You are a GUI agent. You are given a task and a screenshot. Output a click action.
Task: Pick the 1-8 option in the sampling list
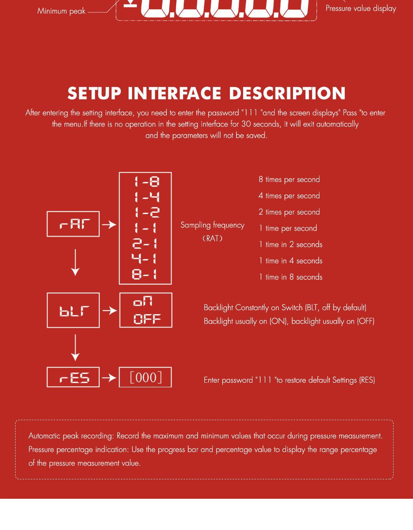(146, 182)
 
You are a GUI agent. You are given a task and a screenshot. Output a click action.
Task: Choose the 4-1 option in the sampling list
(144, 259)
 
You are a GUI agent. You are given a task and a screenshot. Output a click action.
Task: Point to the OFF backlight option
(147, 319)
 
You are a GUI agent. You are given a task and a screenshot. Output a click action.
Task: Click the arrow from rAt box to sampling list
(109, 224)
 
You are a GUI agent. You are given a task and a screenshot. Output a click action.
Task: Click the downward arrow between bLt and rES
(75, 348)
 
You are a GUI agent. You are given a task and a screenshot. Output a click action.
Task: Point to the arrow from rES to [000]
(109, 378)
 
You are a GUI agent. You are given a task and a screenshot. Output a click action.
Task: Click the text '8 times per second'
(289, 180)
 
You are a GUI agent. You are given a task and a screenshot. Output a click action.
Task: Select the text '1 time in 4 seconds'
(291, 261)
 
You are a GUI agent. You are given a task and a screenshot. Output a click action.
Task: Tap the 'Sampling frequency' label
(212, 225)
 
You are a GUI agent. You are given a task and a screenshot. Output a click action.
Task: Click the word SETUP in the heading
(94, 93)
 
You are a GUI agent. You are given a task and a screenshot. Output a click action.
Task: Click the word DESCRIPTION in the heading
(287, 93)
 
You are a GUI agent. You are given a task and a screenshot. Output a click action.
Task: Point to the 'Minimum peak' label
(62, 11)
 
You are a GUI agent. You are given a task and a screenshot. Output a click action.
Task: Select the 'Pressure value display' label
(361, 9)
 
